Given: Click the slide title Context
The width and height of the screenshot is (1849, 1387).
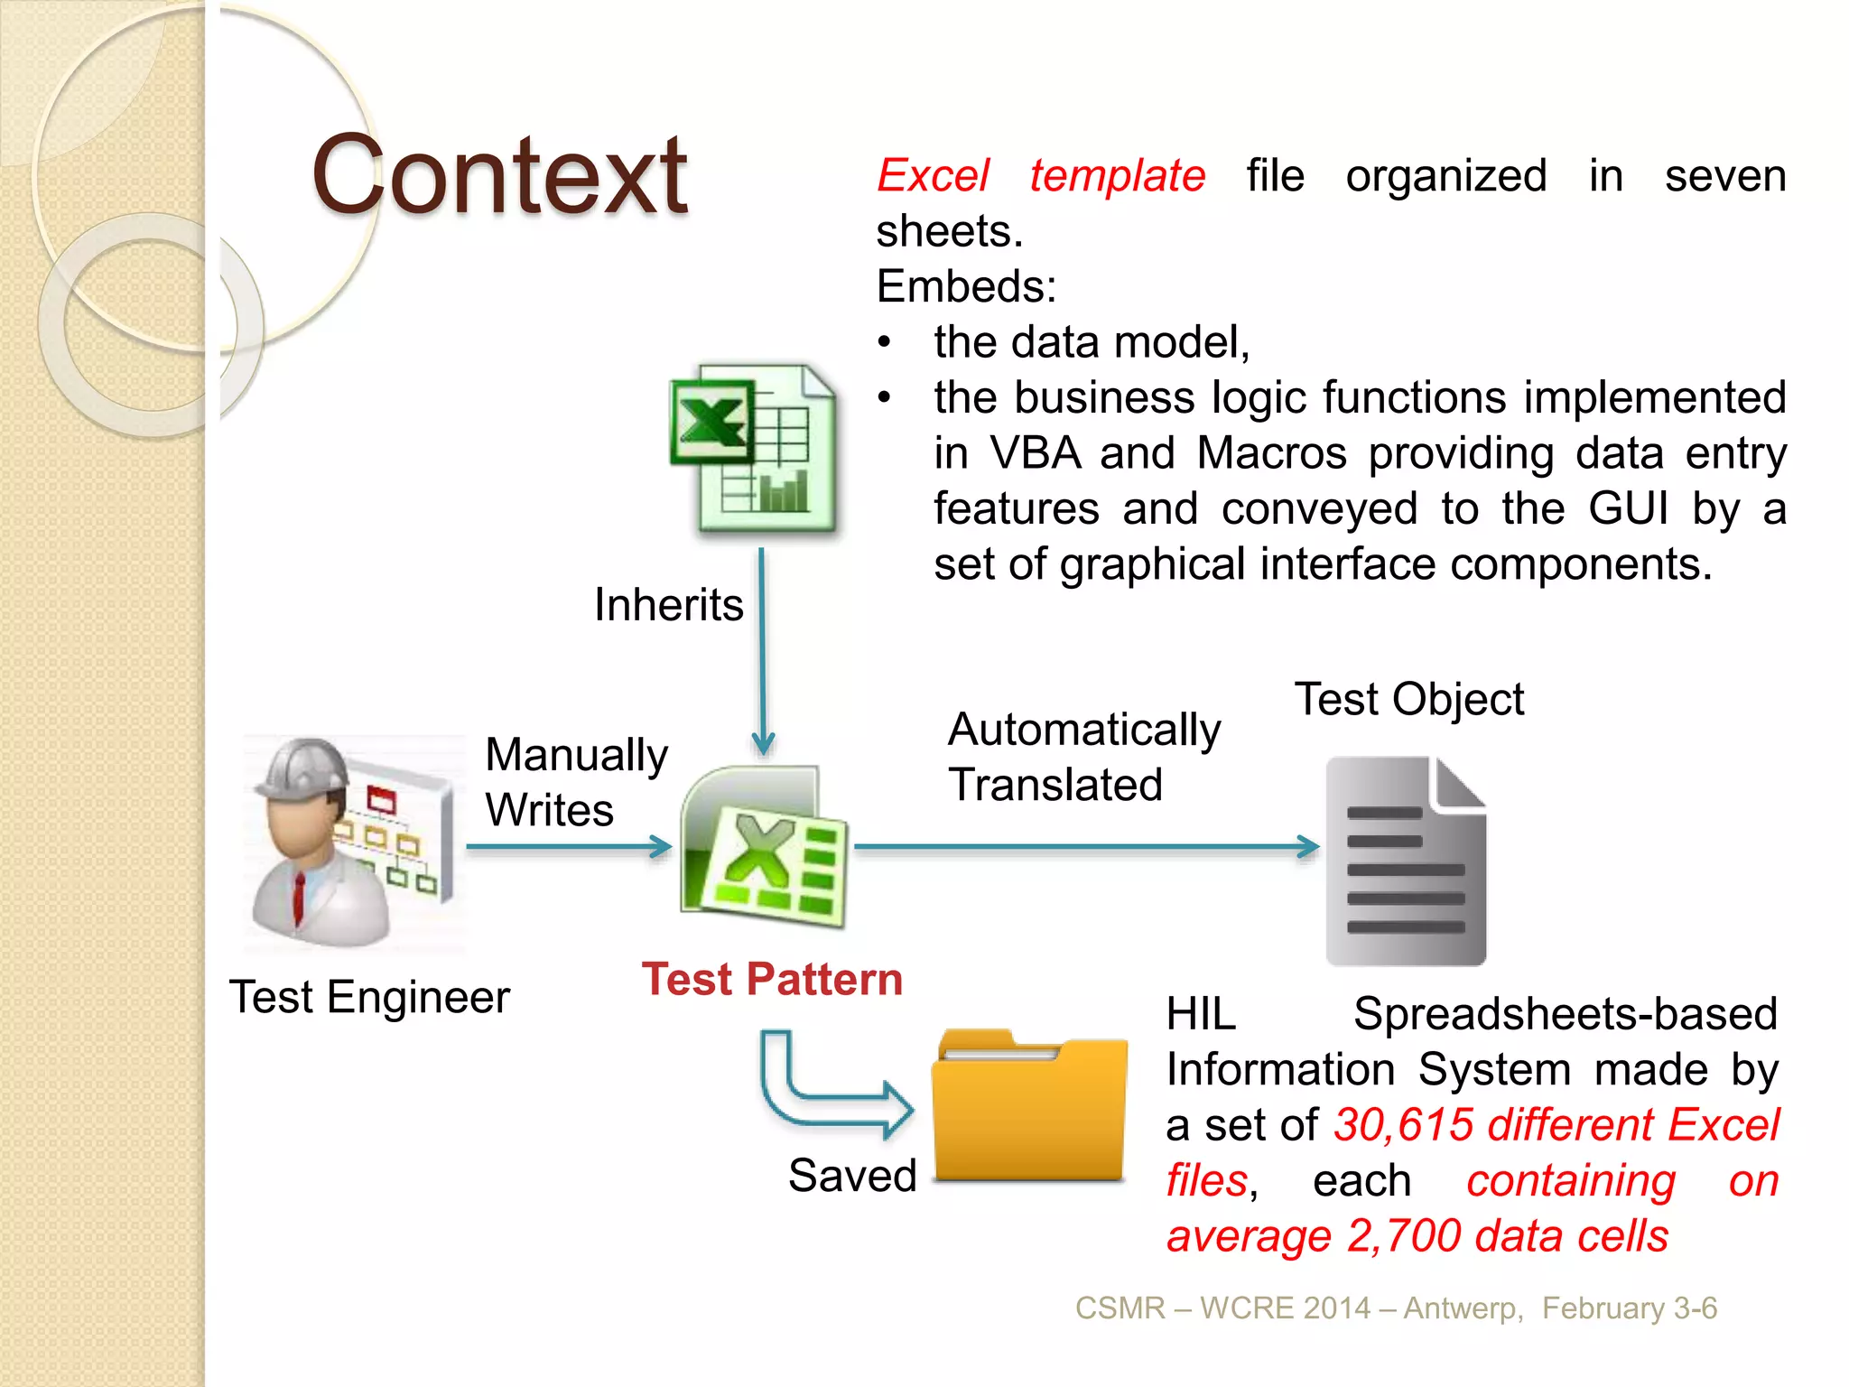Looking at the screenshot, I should coord(499,176).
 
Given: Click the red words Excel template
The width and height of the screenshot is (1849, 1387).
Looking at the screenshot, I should coord(1041,175).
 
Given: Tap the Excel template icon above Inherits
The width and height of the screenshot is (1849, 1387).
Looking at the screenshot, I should coord(753,450).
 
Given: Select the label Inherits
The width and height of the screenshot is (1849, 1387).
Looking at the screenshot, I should coord(668,604).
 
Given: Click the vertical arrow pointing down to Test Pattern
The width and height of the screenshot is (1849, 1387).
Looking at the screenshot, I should coord(763,650).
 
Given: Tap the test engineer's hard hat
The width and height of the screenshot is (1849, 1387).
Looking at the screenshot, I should coord(303,768).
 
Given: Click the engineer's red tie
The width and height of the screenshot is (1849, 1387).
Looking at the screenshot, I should coord(299,898).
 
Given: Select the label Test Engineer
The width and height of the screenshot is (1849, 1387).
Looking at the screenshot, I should coord(369,998).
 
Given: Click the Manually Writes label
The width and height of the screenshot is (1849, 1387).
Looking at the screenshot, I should coord(575,782).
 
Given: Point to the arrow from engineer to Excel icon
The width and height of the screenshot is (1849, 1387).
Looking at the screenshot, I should coord(569,847).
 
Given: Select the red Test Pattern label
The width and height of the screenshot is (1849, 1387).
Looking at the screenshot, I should coord(772,980).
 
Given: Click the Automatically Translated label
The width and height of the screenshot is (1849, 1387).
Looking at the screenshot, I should coord(1082,757).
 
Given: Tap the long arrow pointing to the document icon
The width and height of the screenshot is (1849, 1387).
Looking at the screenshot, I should coord(1083,847).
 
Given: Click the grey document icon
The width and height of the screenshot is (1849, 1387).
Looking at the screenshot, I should coord(1405,861).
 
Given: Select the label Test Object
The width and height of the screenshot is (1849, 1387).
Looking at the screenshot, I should coord(1408,699).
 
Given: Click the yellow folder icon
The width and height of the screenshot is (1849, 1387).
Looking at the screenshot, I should coord(1029,1106).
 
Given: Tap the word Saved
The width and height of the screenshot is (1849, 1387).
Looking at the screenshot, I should coord(852,1176).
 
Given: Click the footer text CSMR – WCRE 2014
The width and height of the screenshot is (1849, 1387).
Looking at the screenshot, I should coord(1222,1308).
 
